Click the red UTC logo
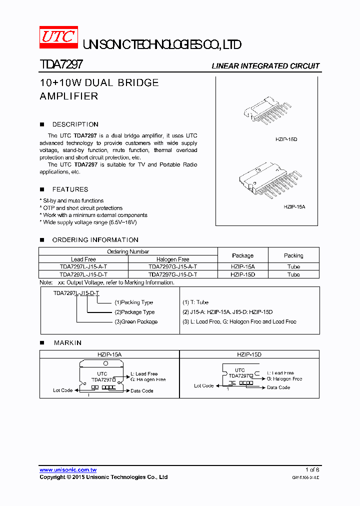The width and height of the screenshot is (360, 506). [58, 37]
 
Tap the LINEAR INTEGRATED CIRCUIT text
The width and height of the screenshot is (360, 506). [265, 66]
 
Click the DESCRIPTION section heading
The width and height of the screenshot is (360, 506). [75, 124]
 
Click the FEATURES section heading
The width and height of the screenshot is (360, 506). [70, 189]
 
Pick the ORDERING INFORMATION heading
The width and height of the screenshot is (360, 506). [95, 240]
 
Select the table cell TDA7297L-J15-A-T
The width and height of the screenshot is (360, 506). [83, 267]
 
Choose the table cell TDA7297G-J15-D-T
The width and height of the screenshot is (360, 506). [172, 274]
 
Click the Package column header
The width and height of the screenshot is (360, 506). [242, 255]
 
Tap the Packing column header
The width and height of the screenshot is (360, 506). [293, 255]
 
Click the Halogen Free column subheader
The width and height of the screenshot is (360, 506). [172, 259]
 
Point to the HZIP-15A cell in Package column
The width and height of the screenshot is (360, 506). [242, 267]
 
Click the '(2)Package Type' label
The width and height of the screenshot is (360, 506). [134, 312]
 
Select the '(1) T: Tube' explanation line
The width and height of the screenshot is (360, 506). [195, 302]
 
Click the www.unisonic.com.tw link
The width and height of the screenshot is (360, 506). [68, 470]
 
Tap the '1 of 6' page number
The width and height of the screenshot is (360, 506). [312, 470]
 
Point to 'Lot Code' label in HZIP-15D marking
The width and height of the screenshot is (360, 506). [203, 385]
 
